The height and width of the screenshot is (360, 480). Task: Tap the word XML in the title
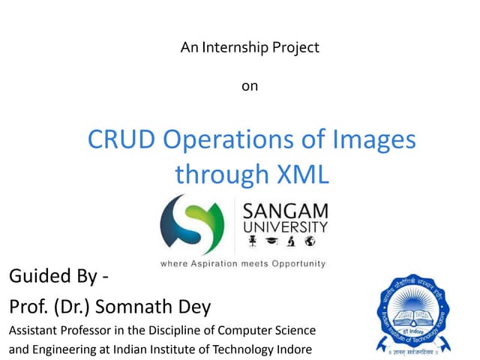(x=304, y=174)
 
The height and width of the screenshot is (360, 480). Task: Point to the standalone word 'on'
(x=250, y=86)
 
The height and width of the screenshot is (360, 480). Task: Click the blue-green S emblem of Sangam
(x=192, y=223)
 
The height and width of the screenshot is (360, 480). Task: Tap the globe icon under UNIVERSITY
(x=310, y=242)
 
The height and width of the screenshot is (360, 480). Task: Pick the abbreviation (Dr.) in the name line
(x=93, y=307)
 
